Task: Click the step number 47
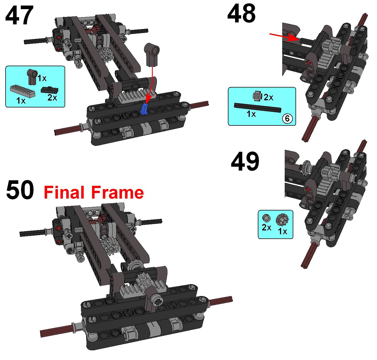pyautogui.click(x=19, y=15)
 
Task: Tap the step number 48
pyautogui.click(x=241, y=14)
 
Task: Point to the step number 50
pyautogui.click(x=20, y=189)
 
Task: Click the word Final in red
pyautogui.click(x=64, y=192)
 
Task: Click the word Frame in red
pyautogui.click(x=118, y=192)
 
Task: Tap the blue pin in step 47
pyautogui.click(x=144, y=109)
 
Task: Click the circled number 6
pyautogui.click(x=287, y=118)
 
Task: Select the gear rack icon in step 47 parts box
pyautogui.click(x=23, y=91)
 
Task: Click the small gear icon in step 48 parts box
pyautogui.click(x=258, y=96)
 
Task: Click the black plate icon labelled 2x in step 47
pyautogui.click(x=50, y=90)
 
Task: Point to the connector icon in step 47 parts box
pyautogui.click(x=32, y=76)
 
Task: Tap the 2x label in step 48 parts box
pyautogui.click(x=268, y=97)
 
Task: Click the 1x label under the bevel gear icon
pyautogui.click(x=282, y=231)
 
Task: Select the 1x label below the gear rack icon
pyautogui.click(x=21, y=101)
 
